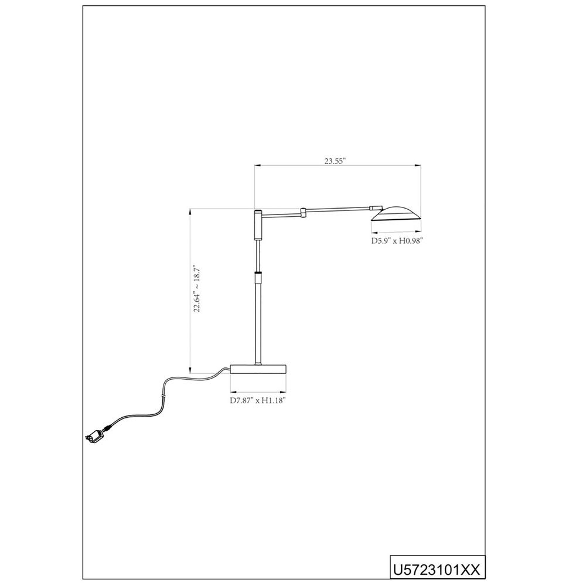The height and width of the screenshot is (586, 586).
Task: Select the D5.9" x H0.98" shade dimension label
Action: (x=397, y=240)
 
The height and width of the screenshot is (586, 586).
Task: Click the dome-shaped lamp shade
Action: (x=397, y=213)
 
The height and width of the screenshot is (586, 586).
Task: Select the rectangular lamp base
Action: (x=258, y=369)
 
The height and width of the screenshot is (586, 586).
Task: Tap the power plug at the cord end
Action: (x=94, y=436)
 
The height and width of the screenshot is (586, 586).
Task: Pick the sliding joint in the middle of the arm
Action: (x=304, y=212)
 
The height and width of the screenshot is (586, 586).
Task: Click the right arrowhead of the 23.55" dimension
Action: (x=420, y=166)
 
